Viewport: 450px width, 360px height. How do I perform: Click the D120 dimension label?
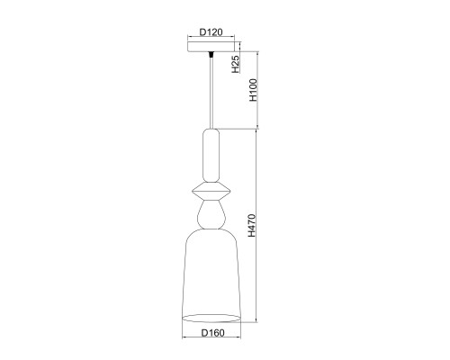click(x=211, y=32)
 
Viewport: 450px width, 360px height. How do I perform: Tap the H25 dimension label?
click(x=236, y=64)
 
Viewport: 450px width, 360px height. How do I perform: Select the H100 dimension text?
click(x=254, y=90)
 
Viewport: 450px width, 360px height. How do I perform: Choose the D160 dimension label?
click(x=212, y=333)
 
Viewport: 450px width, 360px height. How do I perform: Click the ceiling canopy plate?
click(x=211, y=47)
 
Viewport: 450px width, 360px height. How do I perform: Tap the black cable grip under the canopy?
click(x=211, y=55)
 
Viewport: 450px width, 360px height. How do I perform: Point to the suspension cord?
click(x=211, y=93)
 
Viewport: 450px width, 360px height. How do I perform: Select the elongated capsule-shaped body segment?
click(x=211, y=156)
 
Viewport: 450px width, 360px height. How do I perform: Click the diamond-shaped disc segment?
click(x=211, y=191)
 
